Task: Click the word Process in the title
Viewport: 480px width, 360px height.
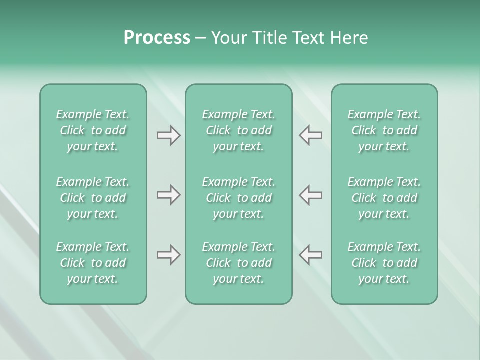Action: (x=157, y=38)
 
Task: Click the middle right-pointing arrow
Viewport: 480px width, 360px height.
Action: (x=168, y=195)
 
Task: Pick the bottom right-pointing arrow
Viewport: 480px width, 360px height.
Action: (x=168, y=255)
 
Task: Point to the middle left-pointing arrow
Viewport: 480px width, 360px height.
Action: (x=311, y=195)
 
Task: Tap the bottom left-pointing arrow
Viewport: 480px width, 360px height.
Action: (x=311, y=255)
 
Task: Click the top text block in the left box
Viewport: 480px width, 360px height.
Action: (x=93, y=130)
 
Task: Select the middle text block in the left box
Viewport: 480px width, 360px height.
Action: (x=93, y=198)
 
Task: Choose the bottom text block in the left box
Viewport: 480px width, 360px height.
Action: (x=93, y=263)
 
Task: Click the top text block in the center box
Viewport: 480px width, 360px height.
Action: (x=238, y=130)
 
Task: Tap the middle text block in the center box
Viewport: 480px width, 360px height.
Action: (x=238, y=198)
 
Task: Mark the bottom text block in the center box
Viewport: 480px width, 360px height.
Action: (x=238, y=263)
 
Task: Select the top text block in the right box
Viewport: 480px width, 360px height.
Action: (x=384, y=130)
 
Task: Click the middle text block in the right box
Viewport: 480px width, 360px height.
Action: (x=384, y=198)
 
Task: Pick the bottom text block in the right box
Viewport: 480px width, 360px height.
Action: (x=384, y=263)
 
